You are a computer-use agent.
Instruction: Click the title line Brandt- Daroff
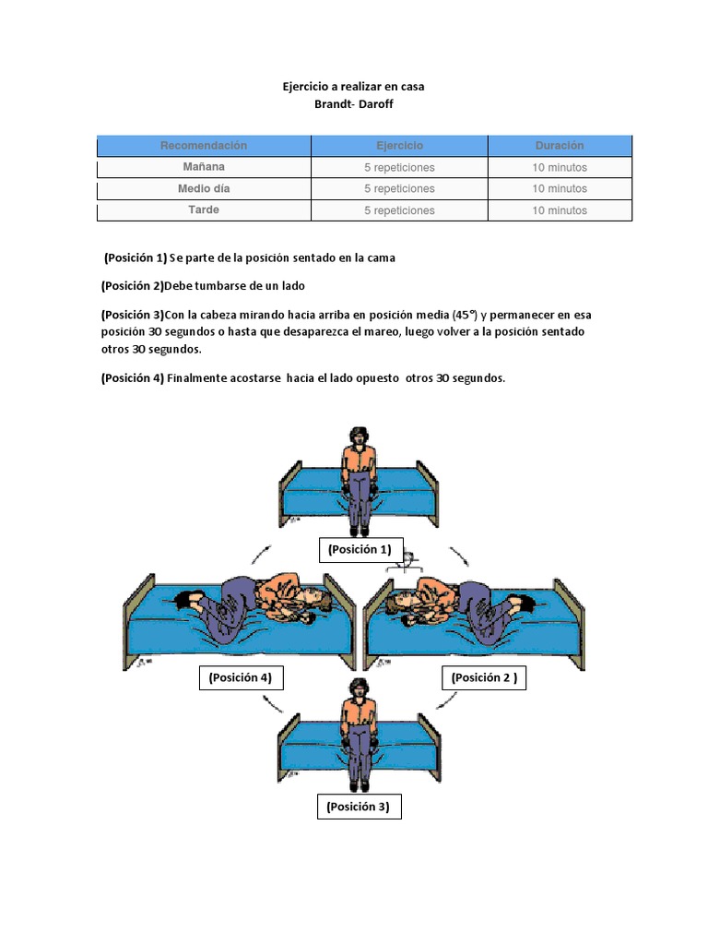click(353, 104)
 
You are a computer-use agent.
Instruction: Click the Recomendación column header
click(204, 146)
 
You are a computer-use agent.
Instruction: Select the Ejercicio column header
click(399, 146)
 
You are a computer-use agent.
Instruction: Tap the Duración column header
click(560, 146)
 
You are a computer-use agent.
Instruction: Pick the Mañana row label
click(204, 167)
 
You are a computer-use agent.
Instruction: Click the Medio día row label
click(204, 189)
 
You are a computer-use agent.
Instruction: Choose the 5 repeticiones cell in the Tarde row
click(399, 210)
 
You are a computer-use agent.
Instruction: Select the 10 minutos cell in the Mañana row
click(560, 168)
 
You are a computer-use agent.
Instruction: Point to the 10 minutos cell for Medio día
click(560, 189)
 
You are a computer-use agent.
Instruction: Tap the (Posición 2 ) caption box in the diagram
click(484, 678)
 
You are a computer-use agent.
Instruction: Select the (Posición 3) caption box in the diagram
click(359, 807)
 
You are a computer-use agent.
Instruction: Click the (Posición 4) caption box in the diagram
click(240, 678)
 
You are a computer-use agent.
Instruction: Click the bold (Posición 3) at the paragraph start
click(133, 314)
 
